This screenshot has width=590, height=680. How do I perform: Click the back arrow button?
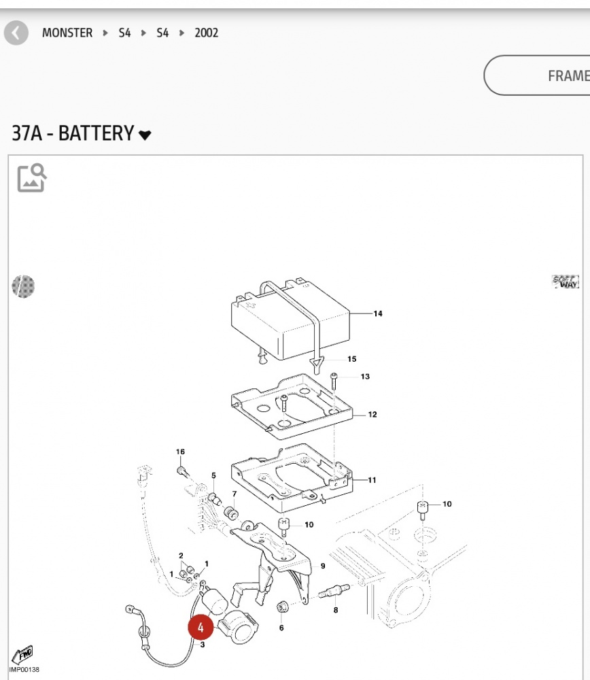tap(16, 33)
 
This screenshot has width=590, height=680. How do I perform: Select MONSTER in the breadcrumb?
tap(67, 33)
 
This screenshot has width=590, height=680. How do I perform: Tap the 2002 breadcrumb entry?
tap(206, 33)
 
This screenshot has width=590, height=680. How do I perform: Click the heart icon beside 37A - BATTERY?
tap(145, 135)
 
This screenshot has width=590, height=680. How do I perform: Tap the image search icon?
tap(31, 177)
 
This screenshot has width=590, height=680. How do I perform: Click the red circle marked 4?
tap(201, 627)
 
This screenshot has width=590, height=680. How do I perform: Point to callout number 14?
tap(377, 313)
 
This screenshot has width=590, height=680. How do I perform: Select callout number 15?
tap(351, 359)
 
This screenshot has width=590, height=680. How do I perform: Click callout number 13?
tap(365, 377)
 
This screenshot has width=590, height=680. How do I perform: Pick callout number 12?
tap(372, 414)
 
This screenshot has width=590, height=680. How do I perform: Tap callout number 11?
tap(372, 480)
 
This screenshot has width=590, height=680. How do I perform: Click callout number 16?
tap(180, 452)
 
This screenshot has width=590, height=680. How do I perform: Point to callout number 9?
tap(323, 566)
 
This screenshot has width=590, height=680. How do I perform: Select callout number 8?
tap(335, 611)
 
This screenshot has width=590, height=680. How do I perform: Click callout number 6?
tap(281, 628)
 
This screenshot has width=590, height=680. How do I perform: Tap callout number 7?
tap(235, 494)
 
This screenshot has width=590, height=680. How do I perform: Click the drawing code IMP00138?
tap(24, 670)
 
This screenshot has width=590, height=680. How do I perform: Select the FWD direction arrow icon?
tap(24, 654)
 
